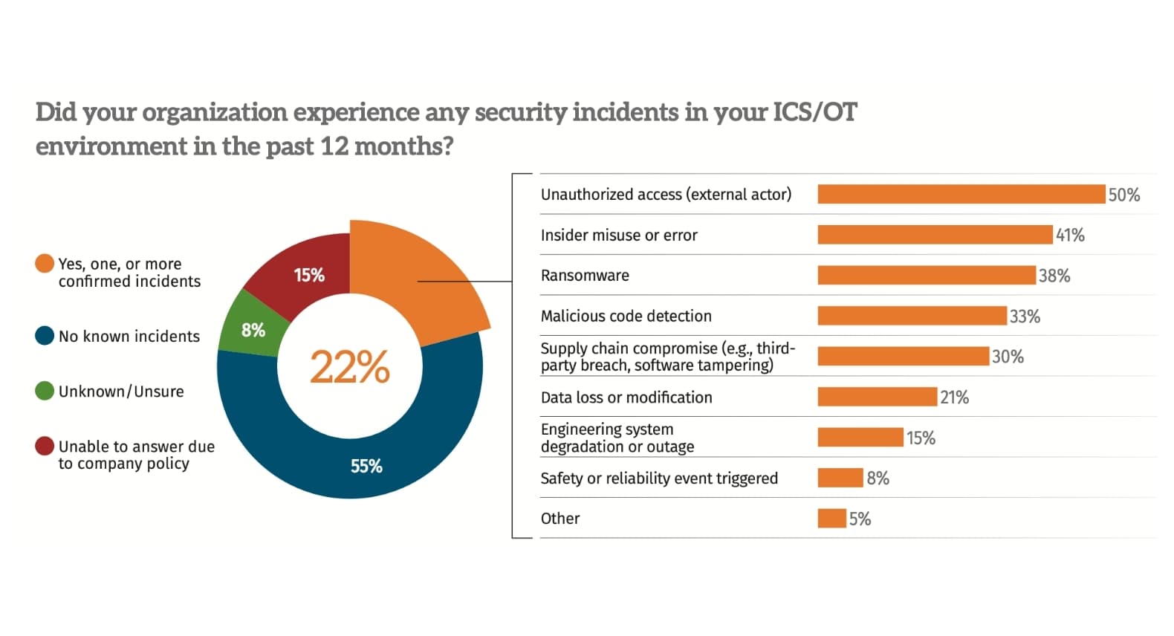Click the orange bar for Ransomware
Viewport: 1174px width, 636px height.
[x=926, y=276]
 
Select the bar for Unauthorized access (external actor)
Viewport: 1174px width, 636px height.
[x=961, y=195]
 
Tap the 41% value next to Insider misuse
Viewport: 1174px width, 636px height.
[x=1070, y=236]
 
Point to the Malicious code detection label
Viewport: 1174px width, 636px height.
[x=626, y=317]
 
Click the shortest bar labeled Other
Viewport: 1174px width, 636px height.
[x=831, y=519]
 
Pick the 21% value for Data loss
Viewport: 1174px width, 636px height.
[x=954, y=397]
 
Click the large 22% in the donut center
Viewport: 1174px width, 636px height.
[x=349, y=367]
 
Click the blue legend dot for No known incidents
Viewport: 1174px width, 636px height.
[x=45, y=336]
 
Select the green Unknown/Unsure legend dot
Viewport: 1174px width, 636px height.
[x=45, y=391]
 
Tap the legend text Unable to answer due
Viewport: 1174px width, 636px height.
[x=136, y=447]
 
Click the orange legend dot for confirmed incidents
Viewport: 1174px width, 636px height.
[x=45, y=264]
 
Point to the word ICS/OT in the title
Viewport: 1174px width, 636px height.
[x=814, y=112]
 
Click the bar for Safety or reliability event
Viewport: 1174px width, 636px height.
[x=840, y=478]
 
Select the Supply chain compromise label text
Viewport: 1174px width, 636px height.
[x=667, y=357]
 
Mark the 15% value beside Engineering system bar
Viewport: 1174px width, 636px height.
[x=920, y=438]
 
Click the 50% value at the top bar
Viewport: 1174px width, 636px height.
[x=1123, y=195]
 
